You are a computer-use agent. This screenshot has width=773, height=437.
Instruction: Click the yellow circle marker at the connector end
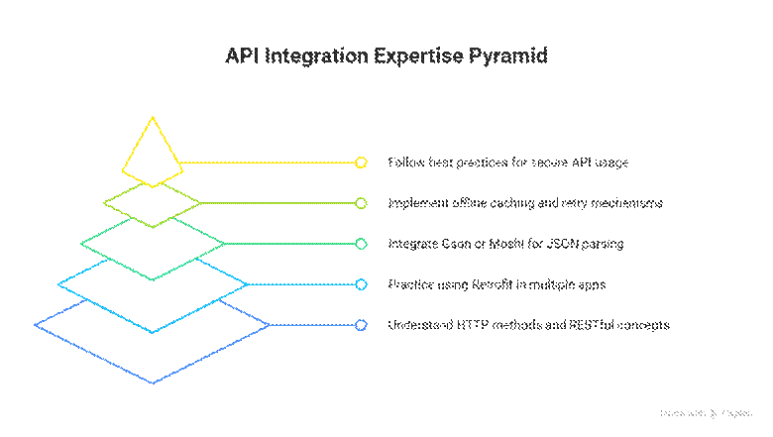click(362, 162)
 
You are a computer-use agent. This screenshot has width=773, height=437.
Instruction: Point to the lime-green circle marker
click(362, 203)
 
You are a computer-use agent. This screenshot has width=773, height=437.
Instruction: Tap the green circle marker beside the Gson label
click(362, 244)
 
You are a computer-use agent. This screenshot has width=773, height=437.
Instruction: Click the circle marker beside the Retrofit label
click(362, 284)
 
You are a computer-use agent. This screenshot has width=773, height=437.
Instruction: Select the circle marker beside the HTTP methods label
click(362, 325)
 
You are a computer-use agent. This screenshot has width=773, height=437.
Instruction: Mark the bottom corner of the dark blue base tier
click(153, 382)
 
